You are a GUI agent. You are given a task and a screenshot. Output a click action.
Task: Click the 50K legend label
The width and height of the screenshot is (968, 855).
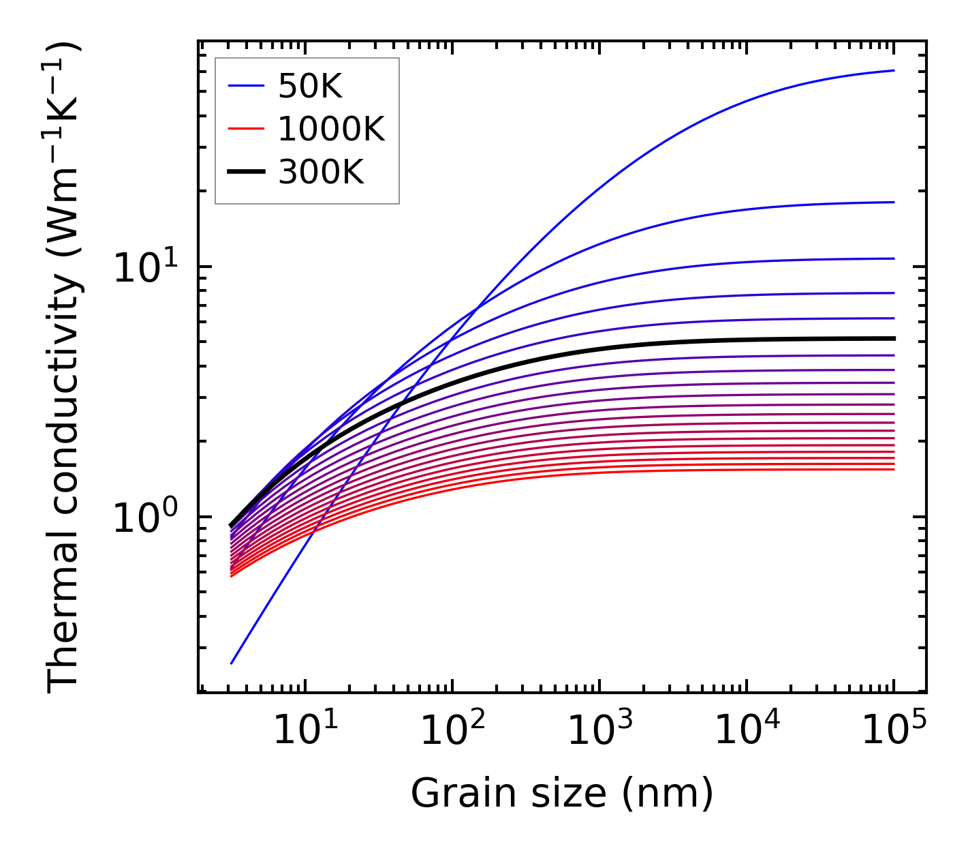309,86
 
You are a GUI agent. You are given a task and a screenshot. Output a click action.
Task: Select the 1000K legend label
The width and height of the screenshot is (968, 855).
331,129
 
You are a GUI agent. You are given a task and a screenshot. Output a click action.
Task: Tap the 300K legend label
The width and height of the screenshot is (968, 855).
321,172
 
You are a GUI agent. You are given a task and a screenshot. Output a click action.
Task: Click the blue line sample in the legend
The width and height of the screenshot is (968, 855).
245,86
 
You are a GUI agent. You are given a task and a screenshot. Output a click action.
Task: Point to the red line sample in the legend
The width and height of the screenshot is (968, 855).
245,129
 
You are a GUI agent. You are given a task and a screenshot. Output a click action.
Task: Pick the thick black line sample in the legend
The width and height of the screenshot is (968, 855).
245,172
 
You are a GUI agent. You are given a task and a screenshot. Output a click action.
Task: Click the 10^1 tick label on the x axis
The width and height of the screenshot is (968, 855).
305,732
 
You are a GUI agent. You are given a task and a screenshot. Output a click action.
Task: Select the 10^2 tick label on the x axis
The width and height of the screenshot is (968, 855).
452,732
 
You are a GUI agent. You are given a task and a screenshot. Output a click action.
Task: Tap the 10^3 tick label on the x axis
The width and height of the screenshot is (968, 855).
599,732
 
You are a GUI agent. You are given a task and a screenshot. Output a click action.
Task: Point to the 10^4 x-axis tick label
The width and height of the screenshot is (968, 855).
747,732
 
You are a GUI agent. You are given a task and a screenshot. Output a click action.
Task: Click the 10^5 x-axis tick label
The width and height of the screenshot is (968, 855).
894,732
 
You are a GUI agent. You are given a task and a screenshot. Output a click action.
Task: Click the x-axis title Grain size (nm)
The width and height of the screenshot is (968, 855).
562,794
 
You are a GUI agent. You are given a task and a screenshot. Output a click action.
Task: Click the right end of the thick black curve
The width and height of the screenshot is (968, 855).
893,338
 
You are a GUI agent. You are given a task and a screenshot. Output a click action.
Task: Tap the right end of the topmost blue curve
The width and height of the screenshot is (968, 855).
893,70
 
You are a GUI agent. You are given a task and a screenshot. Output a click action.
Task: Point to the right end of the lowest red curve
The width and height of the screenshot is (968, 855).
893,469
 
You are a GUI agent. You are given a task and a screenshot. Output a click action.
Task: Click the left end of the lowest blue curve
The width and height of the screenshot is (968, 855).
232,663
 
